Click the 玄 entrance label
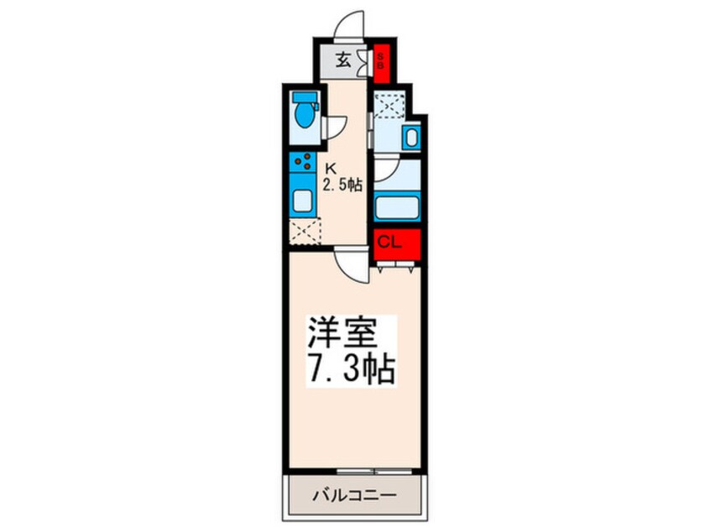(343, 60)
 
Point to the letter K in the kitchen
(331, 167)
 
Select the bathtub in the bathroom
(396, 206)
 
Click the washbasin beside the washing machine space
(410, 138)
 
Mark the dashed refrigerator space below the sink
(305, 232)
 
